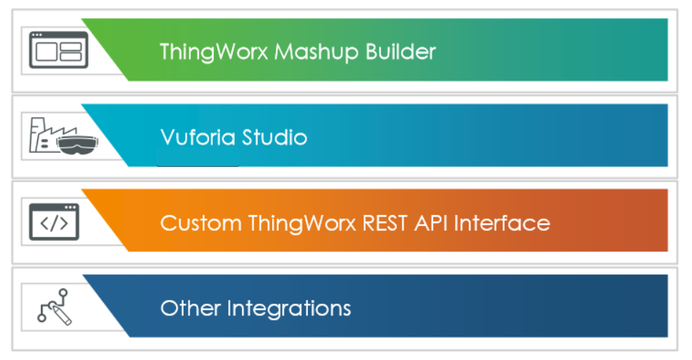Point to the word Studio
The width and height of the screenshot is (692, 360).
(272, 137)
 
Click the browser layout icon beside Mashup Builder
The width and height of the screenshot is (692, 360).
(58, 50)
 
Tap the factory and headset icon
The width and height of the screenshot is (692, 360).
(58, 137)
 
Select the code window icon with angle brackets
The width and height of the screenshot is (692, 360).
(53, 222)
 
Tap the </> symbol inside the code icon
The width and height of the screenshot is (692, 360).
(53, 225)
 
